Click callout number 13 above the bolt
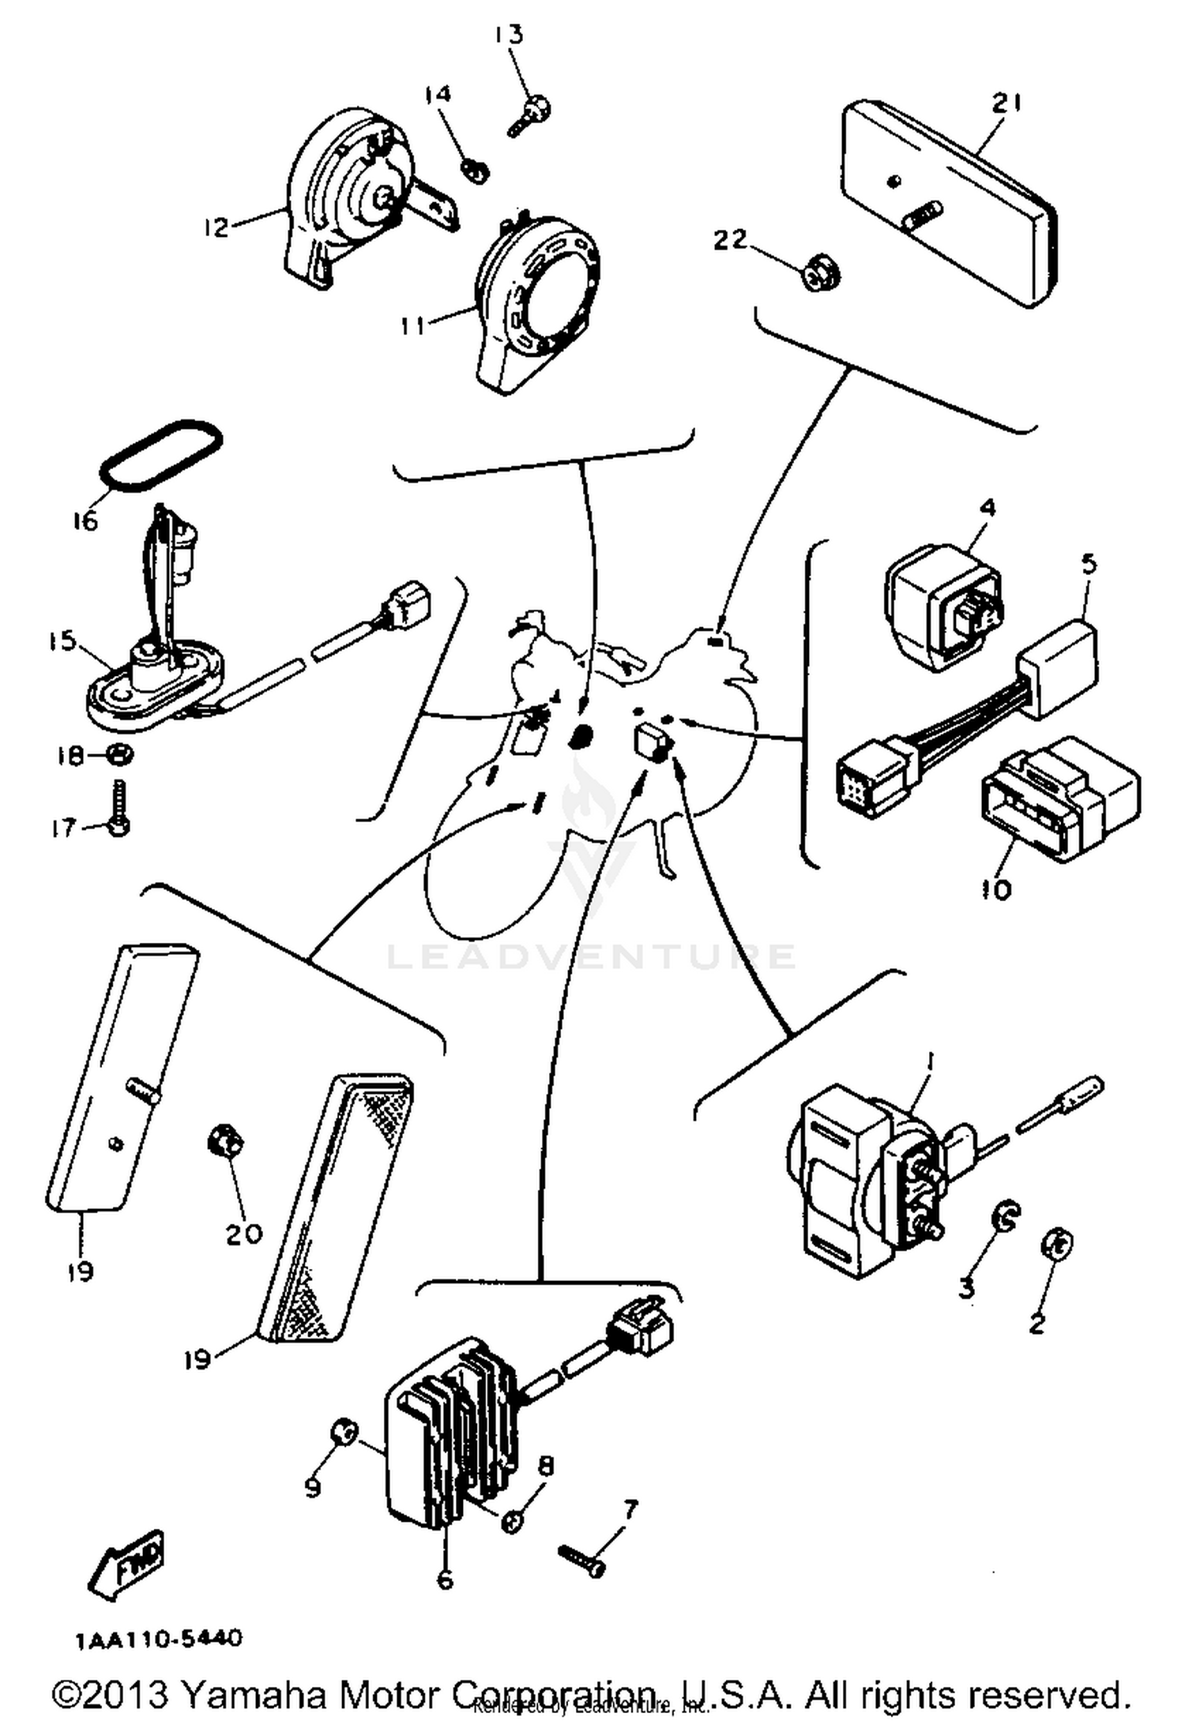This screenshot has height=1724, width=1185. pyautogui.click(x=510, y=35)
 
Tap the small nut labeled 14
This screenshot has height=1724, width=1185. pyautogui.click(x=476, y=169)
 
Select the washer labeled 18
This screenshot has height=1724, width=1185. pyautogui.click(x=119, y=755)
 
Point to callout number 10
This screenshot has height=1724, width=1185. pyautogui.click(x=996, y=890)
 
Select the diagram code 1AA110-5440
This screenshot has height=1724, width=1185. pyautogui.click(x=159, y=1639)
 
